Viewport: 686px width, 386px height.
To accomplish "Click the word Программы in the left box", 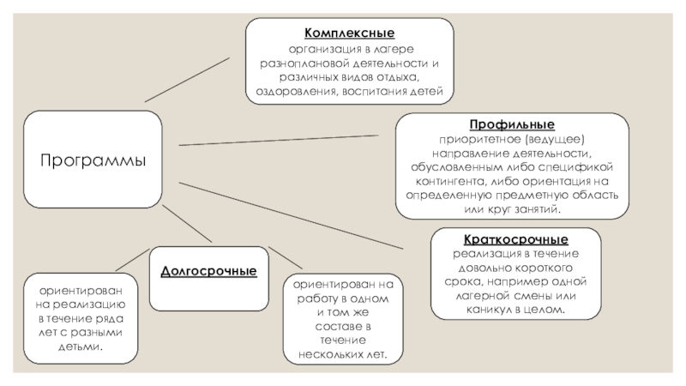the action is (x=93, y=160).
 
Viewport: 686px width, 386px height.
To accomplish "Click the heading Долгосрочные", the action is (x=208, y=271).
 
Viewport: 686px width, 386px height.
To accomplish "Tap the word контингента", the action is (x=440, y=181).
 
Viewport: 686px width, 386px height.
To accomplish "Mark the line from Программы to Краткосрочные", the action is (x=292, y=214).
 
